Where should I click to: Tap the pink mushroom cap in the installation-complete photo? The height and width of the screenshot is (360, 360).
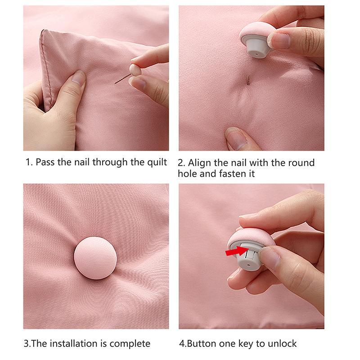coord(95,259)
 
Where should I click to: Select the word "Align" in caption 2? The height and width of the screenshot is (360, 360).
coord(201,163)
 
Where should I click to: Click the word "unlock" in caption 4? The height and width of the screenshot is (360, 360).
coord(281,344)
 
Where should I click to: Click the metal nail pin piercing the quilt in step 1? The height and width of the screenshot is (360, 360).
coord(121,79)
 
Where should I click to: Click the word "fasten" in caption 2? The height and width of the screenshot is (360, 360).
coord(229,173)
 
